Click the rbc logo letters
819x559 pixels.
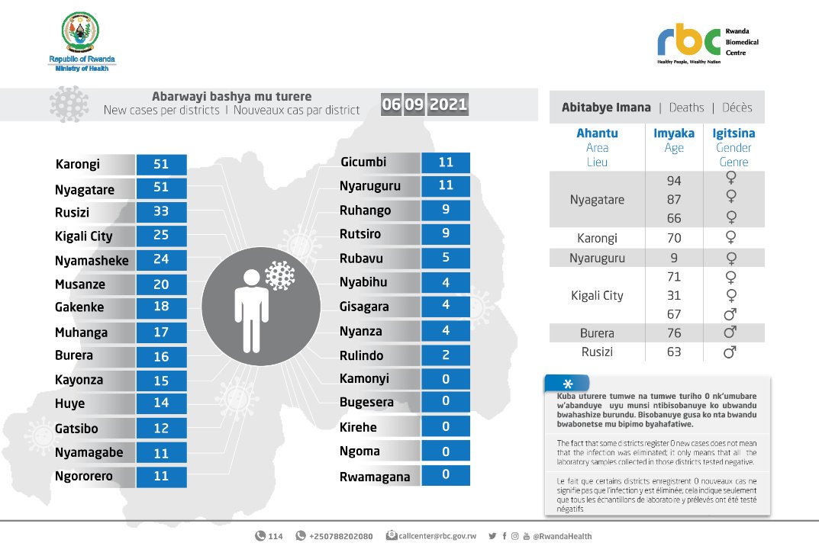point(688,40)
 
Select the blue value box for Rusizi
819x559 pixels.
point(162,212)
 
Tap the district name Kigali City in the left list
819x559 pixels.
point(84,236)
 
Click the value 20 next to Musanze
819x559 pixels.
point(162,284)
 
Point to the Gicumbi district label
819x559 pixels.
point(363,162)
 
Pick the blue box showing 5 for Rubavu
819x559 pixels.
point(445,258)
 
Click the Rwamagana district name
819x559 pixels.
point(375,477)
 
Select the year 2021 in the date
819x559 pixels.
point(448,104)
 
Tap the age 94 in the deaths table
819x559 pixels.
point(673,181)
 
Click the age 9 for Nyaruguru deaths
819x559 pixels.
point(673,258)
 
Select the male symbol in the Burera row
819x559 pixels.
point(730,333)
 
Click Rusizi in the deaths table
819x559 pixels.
point(597,352)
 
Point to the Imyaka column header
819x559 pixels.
point(674,133)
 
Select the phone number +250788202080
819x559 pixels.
point(340,536)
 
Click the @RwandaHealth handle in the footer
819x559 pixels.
point(562,536)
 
